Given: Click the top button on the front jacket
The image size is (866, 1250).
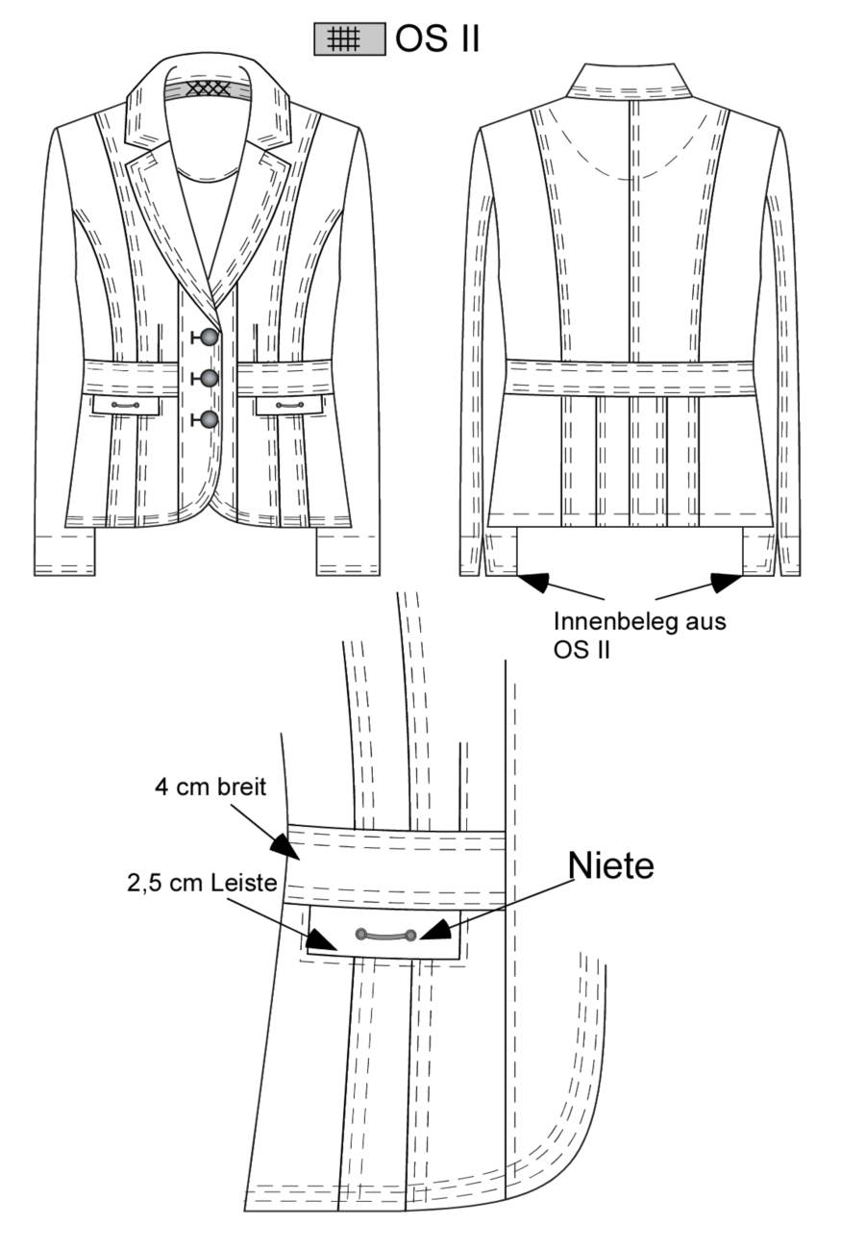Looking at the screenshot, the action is tap(210, 337).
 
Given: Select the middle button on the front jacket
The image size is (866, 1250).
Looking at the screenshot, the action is tap(210, 378).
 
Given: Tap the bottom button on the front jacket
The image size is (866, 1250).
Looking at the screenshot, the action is tap(210, 419).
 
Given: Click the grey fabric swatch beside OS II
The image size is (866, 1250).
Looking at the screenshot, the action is tap(350, 39).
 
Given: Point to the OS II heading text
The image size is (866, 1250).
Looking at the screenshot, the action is tap(437, 39).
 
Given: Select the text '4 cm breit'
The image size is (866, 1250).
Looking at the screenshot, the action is tap(210, 787).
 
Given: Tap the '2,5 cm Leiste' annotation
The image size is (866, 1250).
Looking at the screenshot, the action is tap(202, 883).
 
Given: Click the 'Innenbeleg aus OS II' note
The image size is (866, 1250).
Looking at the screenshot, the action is tap(639, 635).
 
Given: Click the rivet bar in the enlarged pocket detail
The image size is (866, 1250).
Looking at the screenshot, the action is tap(386, 935).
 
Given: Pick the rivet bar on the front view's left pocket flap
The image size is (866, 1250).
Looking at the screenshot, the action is tap(126, 405).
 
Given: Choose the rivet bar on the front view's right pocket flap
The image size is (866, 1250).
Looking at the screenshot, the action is tap(290, 405).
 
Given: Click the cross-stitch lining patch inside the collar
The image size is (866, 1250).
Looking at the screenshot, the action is tap(209, 88).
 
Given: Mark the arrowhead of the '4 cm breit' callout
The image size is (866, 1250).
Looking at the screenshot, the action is tap(285, 848).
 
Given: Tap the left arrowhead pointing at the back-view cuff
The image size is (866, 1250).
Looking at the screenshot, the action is tap(532, 582).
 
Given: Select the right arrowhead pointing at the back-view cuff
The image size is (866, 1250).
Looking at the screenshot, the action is tap(727, 583).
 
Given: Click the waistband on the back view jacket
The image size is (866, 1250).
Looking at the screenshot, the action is tap(630, 378).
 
